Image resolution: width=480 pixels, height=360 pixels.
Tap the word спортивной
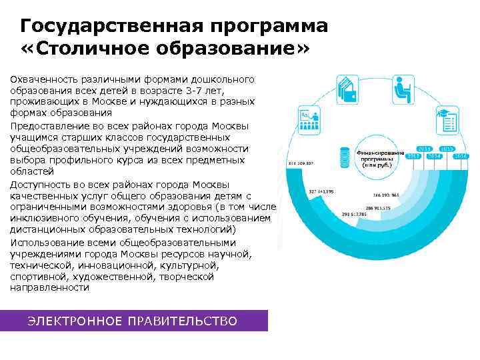pyautogui.click(x=39, y=277)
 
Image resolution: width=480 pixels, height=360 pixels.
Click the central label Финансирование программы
pyautogui.click(x=381, y=155)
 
